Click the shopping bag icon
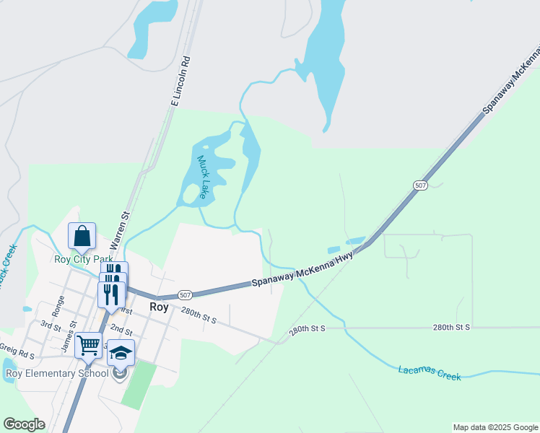pyautogui.click(x=82, y=235)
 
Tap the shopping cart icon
pyautogui.click(x=88, y=345)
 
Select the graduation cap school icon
pyautogui.click(x=121, y=353)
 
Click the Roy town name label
pyautogui.click(x=159, y=307)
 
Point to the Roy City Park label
pyautogui.click(x=82, y=259)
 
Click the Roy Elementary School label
pyautogui.click(x=56, y=373)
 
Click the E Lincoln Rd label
pyautogui.click(x=180, y=82)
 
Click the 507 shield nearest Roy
pyautogui.click(x=185, y=295)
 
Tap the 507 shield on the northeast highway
pyautogui.click(x=421, y=185)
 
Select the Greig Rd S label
pyautogui.click(x=17, y=354)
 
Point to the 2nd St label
pyautogui.click(x=121, y=331)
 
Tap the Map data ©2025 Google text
pyautogui.click(x=495, y=427)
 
